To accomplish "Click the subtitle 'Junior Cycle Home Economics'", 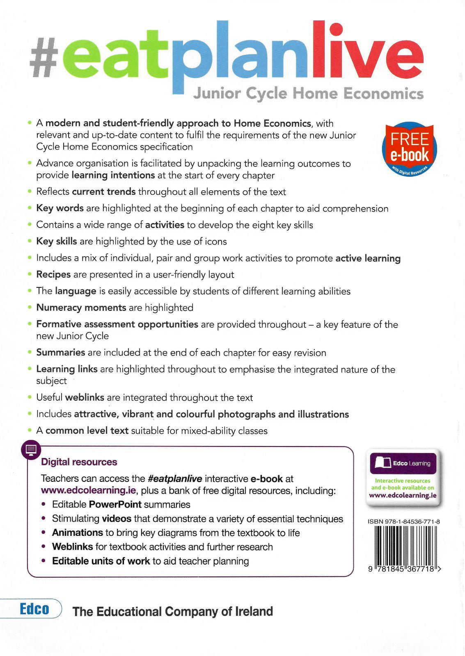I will pyautogui.click(x=308, y=94).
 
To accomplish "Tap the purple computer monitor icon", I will pyautogui.click(x=31, y=450).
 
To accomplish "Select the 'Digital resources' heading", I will pyautogui.click(x=79, y=462).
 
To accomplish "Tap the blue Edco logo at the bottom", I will pyautogui.click(x=34, y=610).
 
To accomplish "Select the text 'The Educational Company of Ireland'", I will pyautogui.click(x=172, y=612).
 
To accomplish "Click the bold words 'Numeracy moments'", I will pyautogui.click(x=81, y=307).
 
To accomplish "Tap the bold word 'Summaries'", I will pyautogui.click(x=61, y=353).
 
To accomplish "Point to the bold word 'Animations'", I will pyautogui.click(x=77, y=533).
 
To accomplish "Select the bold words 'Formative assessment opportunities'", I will pyautogui.click(x=117, y=324).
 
